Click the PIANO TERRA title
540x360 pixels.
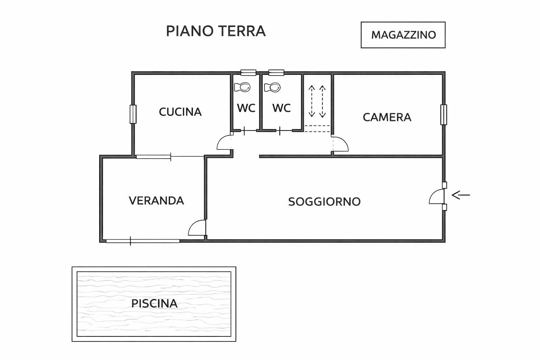click(x=216, y=31)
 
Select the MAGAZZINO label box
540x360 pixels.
click(x=403, y=35)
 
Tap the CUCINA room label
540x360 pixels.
click(x=180, y=112)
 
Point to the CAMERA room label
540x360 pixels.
click(x=387, y=117)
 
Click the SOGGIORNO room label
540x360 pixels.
click(x=324, y=202)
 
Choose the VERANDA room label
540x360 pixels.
click(x=156, y=201)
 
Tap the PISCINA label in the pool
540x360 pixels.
click(x=154, y=303)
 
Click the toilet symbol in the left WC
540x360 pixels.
click(x=242, y=87)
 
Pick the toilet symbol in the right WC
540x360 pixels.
click(x=272, y=87)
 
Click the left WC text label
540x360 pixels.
click(x=246, y=108)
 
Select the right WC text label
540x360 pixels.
click(x=281, y=108)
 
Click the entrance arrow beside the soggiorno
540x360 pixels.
click(x=461, y=195)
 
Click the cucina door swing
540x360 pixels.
click(x=224, y=143)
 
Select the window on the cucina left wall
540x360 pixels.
click(x=133, y=114)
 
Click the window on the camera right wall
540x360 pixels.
click(x=444, y=115)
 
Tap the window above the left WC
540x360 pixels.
click(x=248, y=72)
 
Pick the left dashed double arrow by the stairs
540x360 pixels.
click(x=311, y=101)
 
